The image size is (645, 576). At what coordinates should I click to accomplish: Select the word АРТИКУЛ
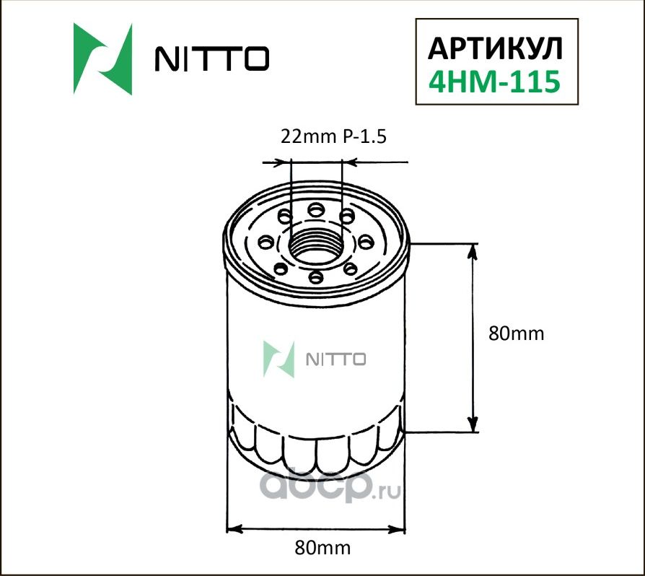[x=494, y=47]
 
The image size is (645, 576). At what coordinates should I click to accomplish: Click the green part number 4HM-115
[x=494, y=82]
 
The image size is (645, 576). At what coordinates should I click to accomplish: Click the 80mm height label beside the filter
[x=514, y=333]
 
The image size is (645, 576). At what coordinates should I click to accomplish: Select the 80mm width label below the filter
[x=322, y=548]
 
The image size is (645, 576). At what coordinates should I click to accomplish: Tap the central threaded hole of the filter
[x=316, y=244]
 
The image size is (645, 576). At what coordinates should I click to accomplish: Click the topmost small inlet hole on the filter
[x=315, y=210]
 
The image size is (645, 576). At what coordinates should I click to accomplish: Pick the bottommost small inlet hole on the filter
[x=315, y=276]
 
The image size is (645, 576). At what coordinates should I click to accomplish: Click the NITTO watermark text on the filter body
[x=337, y=359]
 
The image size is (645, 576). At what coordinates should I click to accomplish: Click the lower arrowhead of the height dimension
[x=473, y=425]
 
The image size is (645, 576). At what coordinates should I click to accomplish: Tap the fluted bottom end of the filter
[x=316, y=448]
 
